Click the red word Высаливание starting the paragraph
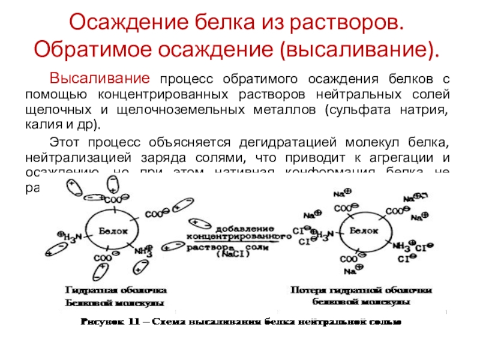(x=99, y=79)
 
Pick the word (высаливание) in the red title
(x=363, y=49)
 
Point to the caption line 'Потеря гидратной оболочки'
(x=361, y=291)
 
